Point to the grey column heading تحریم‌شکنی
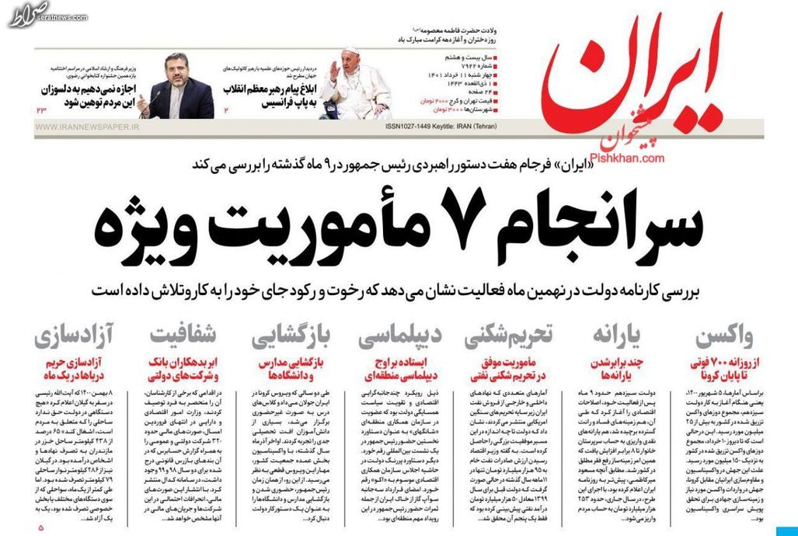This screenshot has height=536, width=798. pyautogui.click(x=509, y=338)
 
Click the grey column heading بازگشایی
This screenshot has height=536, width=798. pyautogui.click(x=293, y=338)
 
